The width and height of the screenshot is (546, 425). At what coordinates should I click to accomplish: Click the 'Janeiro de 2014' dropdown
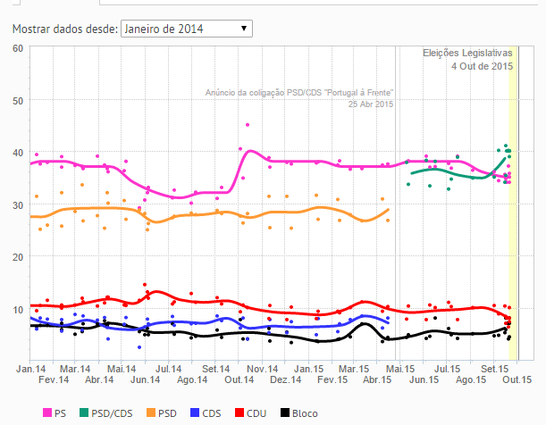pyautogui.click(x=186, y=29)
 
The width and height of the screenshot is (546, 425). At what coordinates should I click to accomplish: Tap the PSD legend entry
pyautogui.click(x=162, y=413)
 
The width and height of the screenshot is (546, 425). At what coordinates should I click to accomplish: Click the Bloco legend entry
pyautogui.click(x=298, y=413)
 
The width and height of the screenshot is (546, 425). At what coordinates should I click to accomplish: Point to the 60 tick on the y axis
pyautogui.click(x=17, y=47)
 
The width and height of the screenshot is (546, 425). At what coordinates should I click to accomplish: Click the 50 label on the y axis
pyautogui.click(x=17, y=100)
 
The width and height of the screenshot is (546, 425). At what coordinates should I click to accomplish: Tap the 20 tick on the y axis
pyautogui.click(x=17, y=257)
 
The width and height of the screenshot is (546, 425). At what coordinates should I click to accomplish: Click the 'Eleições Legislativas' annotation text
pyautogui.click(x=467, y=54)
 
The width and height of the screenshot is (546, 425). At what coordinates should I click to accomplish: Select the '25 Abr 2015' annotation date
pyautogui.click(x=371, y=104)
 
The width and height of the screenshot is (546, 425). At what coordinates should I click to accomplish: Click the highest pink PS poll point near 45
pyautogui.click(x=248, y=125)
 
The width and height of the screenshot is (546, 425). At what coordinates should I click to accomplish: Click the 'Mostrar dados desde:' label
pyautogui.click(x=64, y=29)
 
